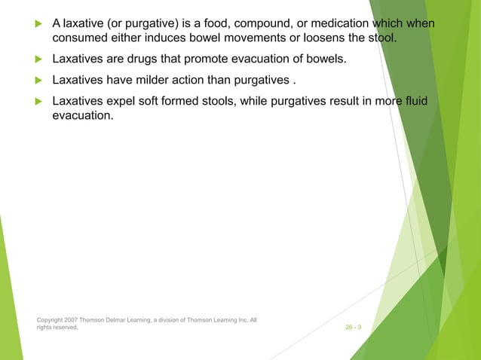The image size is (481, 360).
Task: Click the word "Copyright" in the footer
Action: [51, 320]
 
